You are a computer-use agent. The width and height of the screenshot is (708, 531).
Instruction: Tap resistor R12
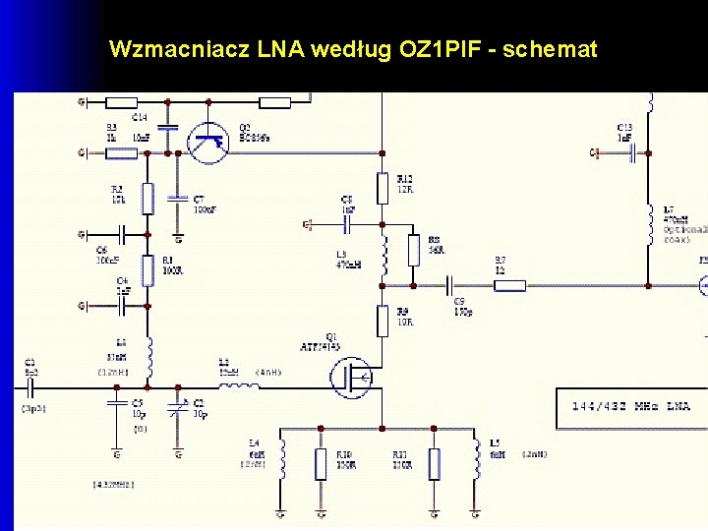(x=383, y=187)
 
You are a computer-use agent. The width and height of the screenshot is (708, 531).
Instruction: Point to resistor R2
(x=147, y=198)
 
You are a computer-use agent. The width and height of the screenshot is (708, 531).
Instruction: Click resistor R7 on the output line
(x=509, y=285)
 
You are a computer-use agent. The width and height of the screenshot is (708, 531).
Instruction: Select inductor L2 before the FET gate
(x=238, y=385)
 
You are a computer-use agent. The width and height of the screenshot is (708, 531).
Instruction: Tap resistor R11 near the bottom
(x=435, y=463)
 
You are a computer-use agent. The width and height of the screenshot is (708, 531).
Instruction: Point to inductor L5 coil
(x=478, y=458)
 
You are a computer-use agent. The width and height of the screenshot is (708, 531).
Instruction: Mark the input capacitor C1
(x=29, y=385)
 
